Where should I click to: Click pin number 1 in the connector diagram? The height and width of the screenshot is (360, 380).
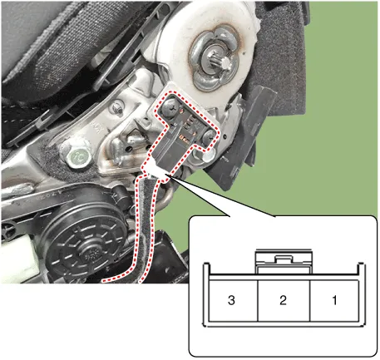pyautogui.click(x=333, y=299)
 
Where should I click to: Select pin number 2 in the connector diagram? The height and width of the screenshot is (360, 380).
pyautogui.click(x=283, y=299)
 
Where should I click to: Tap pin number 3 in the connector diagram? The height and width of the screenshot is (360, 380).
pyautogui.click(x=232, y=299)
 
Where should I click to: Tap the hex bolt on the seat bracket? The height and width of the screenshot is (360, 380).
pyautogui.click(x=78, y=155)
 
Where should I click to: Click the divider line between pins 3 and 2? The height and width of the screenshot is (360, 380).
pyautogui.click(x=258, y=299)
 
